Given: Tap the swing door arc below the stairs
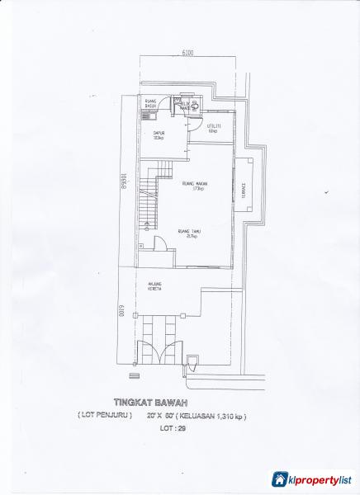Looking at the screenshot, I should click(162, 245).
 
